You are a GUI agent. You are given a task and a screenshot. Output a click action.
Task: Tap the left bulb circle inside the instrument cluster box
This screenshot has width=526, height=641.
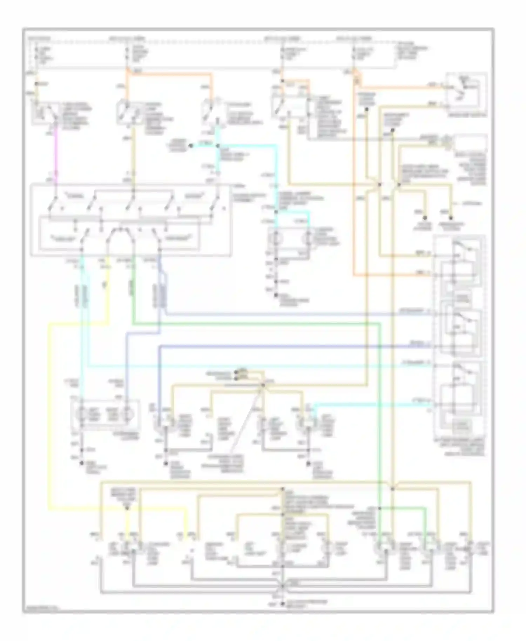click(x=81, y=415)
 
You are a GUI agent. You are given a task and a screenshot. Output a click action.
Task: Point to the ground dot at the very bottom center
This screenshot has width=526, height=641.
click(x=282, y=604)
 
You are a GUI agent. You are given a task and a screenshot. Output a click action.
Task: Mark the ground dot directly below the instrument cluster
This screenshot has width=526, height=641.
click(x=81, y=463)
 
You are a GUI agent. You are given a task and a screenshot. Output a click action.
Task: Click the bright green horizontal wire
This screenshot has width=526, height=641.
click(x=256, y=323)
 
